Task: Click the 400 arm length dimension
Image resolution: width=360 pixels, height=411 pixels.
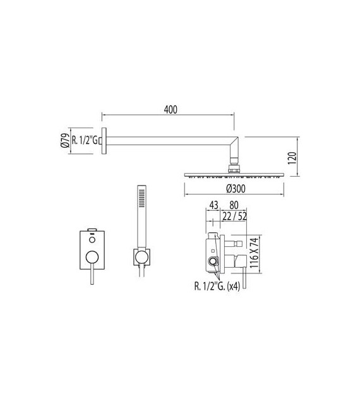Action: coord(169,109)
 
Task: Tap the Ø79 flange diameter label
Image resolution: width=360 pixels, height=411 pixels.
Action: coord(64,140)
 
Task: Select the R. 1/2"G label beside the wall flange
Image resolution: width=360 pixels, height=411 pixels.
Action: coord(85,140)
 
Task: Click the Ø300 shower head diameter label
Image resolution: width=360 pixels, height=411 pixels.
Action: coord(234,188)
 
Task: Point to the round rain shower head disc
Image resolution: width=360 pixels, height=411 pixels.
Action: coord(234,174)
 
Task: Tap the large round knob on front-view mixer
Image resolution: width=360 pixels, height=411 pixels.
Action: coord(92,256)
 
